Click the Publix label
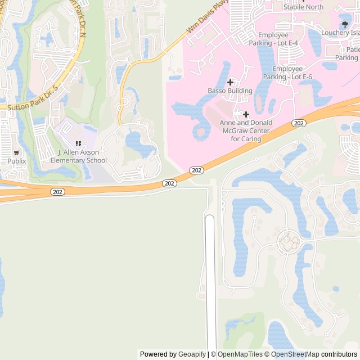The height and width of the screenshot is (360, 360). [x=16, y=161]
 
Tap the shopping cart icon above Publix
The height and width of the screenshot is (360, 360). [x=16, y=152]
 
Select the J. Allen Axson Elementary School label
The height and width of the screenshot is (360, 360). [x=78, y=156]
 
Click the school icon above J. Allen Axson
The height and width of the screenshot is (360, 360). [x=78, y=144]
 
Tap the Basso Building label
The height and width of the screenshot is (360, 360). [x=230, y=91]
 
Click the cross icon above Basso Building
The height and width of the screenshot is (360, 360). [x=230, y=82]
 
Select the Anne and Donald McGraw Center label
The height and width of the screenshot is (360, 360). [x=246, y=130]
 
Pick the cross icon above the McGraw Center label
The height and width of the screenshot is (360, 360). [x=246, y=114]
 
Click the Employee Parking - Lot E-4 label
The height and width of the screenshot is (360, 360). [x=281, y=39]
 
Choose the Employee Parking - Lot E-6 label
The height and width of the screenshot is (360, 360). [x=287, y=73]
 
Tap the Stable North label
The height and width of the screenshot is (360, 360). [x=303, y=7]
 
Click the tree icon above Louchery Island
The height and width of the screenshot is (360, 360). [x=345, y=24]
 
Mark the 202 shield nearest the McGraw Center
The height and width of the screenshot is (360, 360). [x=299, y=123]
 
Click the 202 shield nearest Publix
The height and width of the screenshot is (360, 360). [x=57, y=192]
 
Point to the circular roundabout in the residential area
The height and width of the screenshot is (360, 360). [x=290, y=243]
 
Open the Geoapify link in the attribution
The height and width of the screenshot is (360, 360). [x=192, y=354]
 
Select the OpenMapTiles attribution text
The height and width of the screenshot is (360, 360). [x=240, y=354]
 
